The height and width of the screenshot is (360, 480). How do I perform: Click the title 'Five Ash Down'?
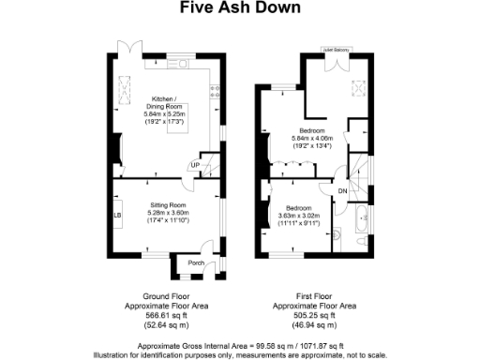(x=240, y=8)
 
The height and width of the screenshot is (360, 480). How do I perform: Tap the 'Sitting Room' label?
(x=170, y=203)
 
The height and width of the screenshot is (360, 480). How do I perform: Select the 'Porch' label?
(x=196, y=263)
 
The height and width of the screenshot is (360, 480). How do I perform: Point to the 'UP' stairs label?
(x=194, y=166)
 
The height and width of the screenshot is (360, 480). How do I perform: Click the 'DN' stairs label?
(x=343, y=191)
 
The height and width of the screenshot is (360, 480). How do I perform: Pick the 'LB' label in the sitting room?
(x=118, y=216)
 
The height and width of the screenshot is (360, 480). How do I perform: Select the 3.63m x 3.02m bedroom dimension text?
(x=300, y=217)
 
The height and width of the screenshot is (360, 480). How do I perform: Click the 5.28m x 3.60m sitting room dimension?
(x=170, y=212)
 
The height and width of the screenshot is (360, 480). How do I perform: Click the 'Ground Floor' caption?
(x=150, y=297)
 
